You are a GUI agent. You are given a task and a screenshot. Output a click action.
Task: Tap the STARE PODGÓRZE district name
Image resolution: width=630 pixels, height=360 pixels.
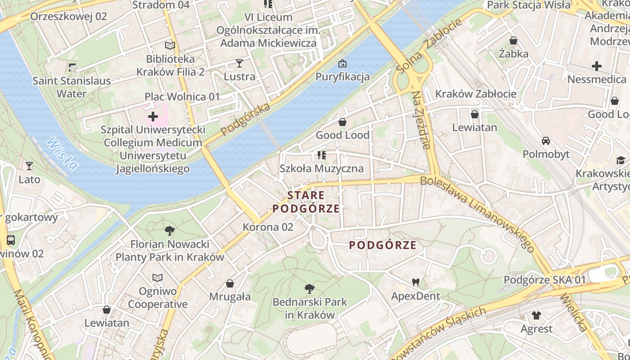pyautogui.click(x=306, y=202)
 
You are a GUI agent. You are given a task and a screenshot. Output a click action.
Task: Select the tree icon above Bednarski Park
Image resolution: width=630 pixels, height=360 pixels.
pyautogui.click(x=309, y=288)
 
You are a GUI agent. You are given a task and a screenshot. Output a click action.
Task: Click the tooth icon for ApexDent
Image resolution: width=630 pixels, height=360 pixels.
pyautogui.click(x=415, y=282)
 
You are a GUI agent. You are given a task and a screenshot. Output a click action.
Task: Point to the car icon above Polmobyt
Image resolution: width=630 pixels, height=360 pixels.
pyautogui.click(x=546, y=141)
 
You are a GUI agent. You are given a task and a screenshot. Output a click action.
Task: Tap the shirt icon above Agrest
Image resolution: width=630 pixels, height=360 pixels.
pyautogui.click(x=536, y=315)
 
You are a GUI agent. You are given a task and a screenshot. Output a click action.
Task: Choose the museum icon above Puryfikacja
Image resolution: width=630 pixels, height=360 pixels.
pyautogui.click(x=342, y=63)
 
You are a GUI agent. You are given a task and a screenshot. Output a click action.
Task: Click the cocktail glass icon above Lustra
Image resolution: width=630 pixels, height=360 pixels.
pyautogui.click(x=239, y=63)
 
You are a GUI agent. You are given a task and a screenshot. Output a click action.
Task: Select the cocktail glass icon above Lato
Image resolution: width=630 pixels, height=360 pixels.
pyautogui.click(x=29, y=166)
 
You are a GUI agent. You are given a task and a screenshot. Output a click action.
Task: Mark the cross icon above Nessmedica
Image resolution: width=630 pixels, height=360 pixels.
pyautogui.click(x=596, y=66)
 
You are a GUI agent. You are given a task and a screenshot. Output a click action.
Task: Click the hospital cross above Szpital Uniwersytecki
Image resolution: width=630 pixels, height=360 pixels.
pyautogui.click(x=153, y=117)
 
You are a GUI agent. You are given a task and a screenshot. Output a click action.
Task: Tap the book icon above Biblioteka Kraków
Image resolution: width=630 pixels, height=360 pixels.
pyautogui.click(x=170, y=45)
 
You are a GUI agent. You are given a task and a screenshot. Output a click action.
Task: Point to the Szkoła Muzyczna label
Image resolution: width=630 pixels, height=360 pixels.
pyautogui.click(x=321, y=169)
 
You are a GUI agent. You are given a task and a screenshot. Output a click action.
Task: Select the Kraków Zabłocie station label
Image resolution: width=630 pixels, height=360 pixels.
pyautogui.click(x=476, y=94)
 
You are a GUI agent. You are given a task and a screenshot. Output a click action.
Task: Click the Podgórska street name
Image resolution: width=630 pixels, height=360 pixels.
pyautogui.click(x=246, y=119)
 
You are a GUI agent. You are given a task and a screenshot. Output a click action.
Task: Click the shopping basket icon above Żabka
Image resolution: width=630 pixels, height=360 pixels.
pyautogui.click(x=513, y=40)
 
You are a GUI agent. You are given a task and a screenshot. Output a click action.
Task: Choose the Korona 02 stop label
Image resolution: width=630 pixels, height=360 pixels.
pyautogui.click(x=268, y=227)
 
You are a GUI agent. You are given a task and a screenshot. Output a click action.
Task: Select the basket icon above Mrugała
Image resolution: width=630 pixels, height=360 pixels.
pyautogui.click(x=230, y=283)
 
